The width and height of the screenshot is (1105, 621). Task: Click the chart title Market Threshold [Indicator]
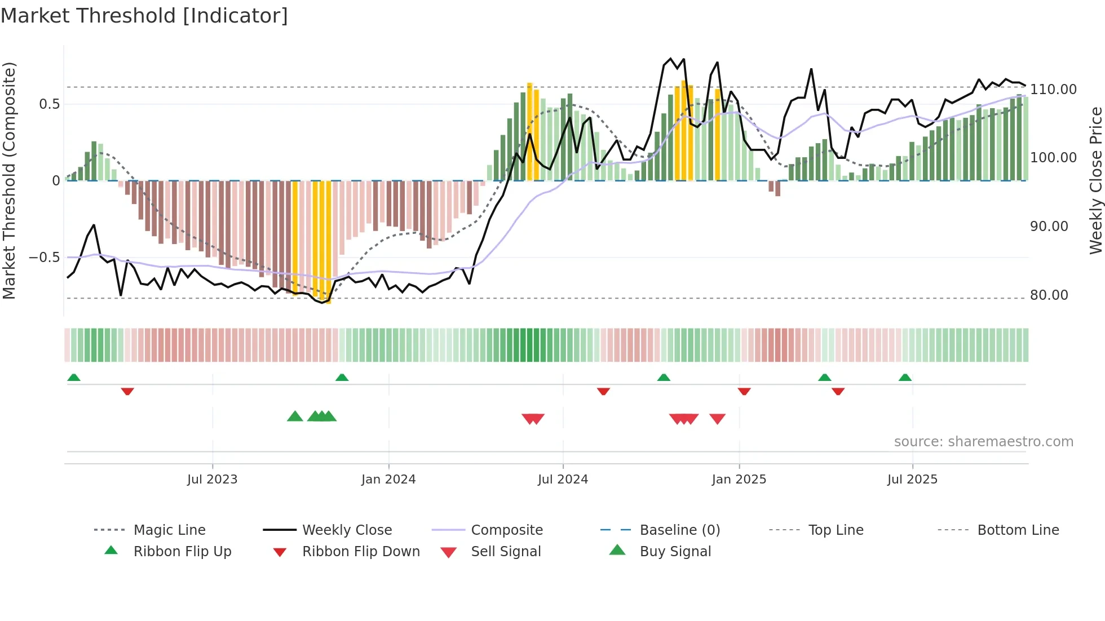coord(144,16)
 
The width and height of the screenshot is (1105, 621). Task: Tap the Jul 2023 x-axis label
coord(212,480)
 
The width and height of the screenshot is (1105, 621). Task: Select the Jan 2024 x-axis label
coord(388,480)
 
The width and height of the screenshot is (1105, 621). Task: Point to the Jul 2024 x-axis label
coord(563,480)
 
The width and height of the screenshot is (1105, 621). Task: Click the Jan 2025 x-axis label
coord(739,480)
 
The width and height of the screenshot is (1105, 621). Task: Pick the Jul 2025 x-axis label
coord(912,480)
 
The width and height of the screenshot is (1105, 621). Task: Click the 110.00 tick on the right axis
coord(1053,90)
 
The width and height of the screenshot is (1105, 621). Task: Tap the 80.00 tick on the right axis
coord(1049,295)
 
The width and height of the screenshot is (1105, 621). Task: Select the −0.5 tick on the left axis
coord(44,258)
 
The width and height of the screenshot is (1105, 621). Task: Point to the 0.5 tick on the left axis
coord(49,104)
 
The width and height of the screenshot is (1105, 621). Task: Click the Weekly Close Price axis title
coord(1095,180)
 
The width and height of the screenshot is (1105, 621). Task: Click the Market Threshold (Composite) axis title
coord(9,180)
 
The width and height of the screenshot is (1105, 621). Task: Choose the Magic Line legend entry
coord(169,530)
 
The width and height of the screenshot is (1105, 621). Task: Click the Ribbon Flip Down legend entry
coord(361,552)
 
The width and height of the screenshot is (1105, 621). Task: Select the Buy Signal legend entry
coord(675,552)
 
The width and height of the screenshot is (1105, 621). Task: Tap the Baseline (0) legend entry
coord(679,530)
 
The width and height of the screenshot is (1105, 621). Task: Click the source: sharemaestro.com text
coord(983,442)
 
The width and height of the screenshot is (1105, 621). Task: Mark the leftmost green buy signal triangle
coord(295,416)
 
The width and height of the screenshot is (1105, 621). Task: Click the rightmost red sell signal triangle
coord(717,419)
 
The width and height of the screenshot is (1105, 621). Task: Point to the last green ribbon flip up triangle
coord(905,378)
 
